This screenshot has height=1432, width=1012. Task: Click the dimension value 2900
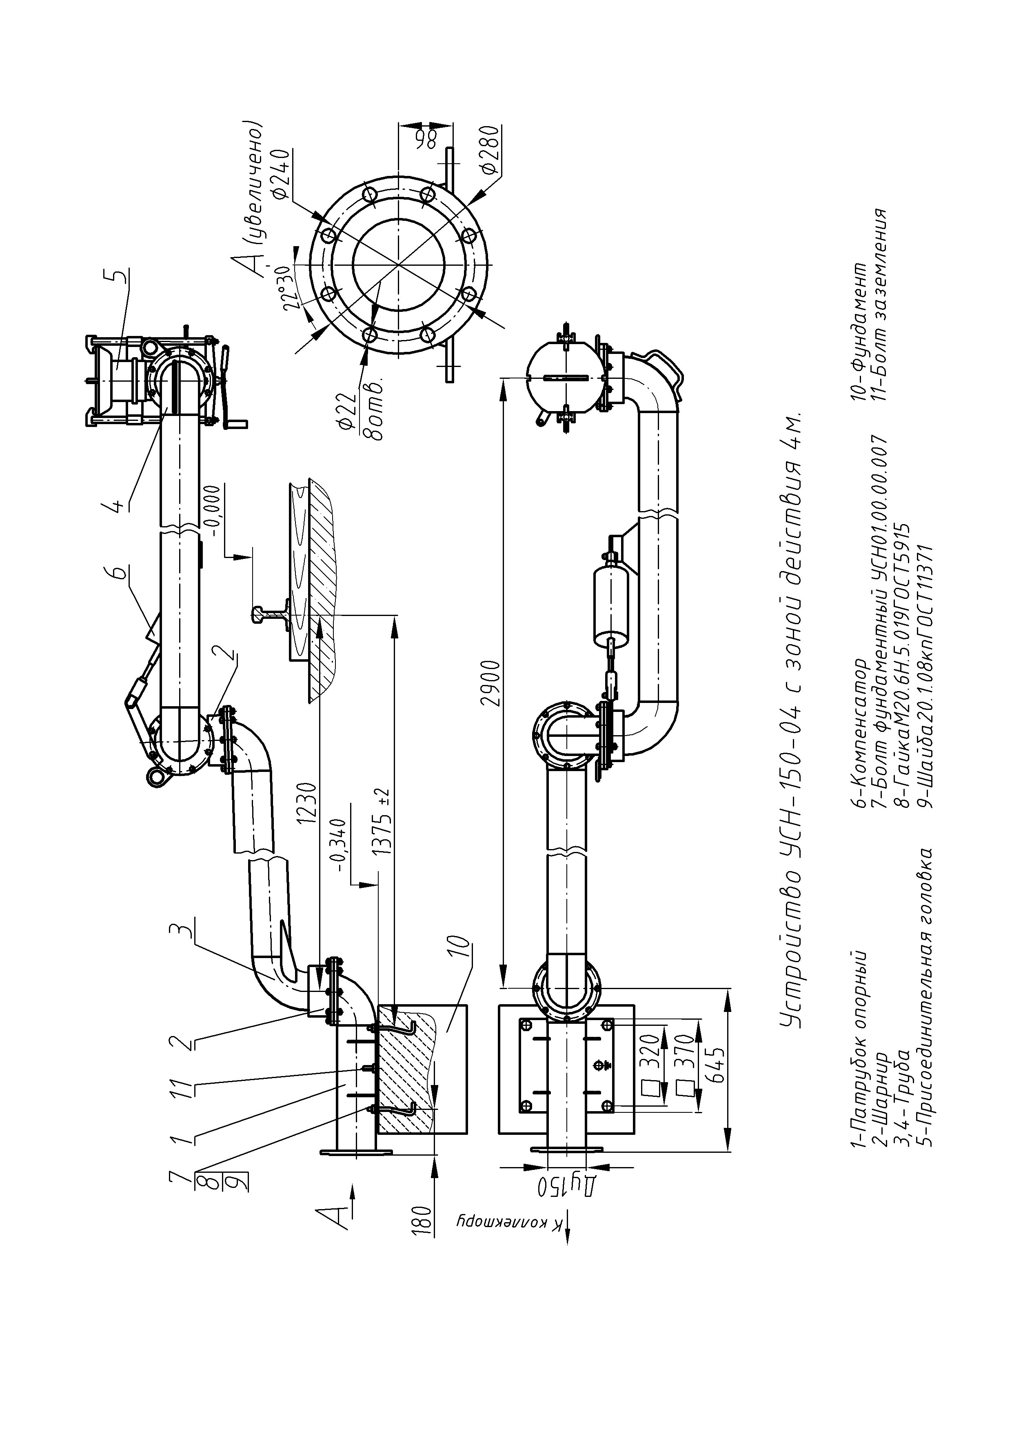coord(493,682)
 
